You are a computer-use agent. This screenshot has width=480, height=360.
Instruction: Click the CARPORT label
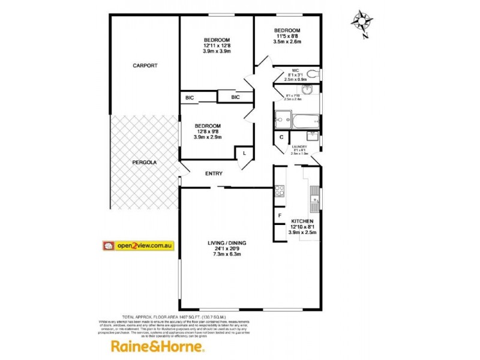145,65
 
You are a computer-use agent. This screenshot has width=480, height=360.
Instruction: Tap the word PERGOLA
144,162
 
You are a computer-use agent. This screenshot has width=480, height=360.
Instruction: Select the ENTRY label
214,174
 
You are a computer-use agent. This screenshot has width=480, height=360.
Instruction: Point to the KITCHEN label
303,221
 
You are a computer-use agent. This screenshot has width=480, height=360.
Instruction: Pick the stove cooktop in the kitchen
280,192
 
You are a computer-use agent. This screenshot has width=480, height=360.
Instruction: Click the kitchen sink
313,195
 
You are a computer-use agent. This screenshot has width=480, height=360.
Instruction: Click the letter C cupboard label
281,137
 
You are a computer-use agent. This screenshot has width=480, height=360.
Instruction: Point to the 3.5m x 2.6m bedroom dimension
287,42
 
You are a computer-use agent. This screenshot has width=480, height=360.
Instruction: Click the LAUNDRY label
299,147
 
